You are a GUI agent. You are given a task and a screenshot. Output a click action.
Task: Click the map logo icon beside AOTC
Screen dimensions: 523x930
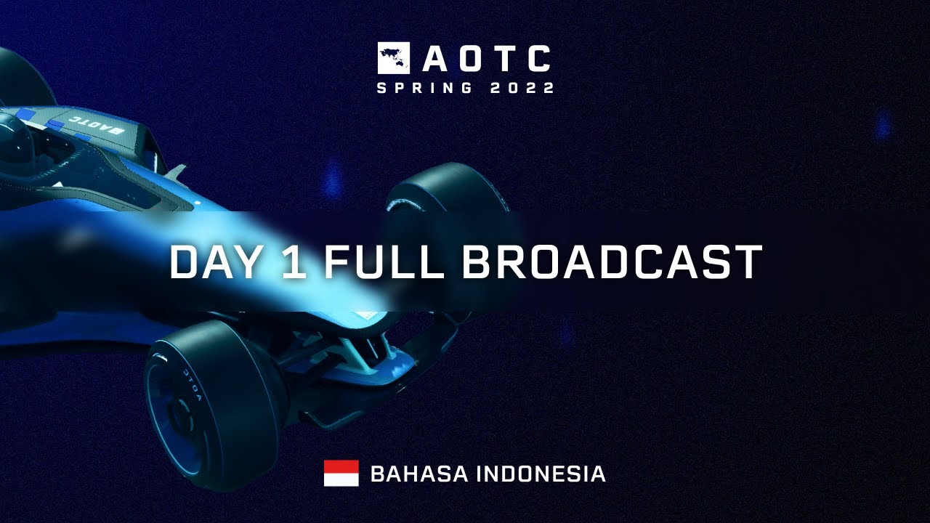click(393, 58)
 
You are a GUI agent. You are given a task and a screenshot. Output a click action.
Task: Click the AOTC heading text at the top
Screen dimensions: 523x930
click(486, 59)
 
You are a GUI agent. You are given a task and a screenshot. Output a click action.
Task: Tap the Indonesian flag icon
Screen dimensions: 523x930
click(341, 473)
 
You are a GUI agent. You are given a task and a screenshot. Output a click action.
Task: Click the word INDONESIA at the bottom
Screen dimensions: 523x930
click(541, 474)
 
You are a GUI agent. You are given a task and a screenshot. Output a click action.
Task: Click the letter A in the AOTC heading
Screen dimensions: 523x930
click(434, 59)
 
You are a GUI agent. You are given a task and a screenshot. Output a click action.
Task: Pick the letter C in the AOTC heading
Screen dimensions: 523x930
click(538, 59)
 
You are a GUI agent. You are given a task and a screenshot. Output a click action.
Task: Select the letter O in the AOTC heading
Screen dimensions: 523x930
click(470, 59)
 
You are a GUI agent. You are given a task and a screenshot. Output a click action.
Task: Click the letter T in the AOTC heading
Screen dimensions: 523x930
click(504, 59)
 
